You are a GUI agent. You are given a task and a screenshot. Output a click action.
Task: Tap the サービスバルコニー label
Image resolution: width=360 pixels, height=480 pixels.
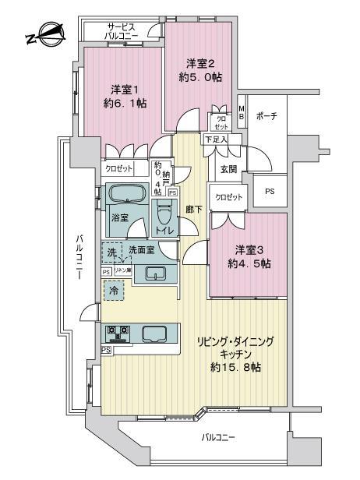pyautogui.click(x=122, y=30)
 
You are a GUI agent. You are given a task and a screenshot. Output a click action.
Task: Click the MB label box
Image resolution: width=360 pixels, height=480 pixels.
pyautogui.click(x=242, y=111)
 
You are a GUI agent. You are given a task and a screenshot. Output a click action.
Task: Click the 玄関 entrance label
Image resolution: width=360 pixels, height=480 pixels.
pyautogui.click(x=229, y=169)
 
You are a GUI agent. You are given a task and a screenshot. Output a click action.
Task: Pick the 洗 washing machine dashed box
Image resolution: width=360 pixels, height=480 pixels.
pyautogui.click(x=113, y=254)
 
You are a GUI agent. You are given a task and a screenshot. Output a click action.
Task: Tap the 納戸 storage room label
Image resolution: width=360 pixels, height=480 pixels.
pyautogui.click(x=160, y=176)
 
